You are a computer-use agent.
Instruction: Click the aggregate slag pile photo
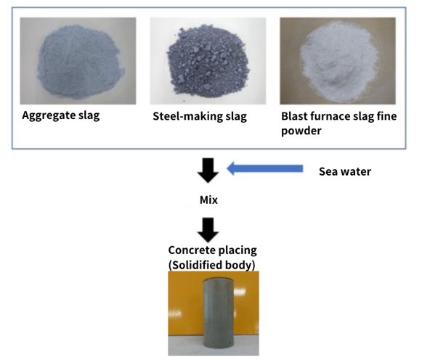point(78,61)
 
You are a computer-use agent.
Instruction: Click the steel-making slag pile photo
point(208,61)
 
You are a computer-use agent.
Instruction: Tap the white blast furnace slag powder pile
point(340,62)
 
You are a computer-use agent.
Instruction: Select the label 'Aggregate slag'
point(61,115)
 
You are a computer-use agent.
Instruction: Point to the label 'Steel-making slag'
point(200,116)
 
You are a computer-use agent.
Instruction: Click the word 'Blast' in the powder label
point(293,116)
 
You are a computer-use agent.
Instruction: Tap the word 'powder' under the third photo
point(301,131)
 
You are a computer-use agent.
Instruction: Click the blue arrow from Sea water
point(265,168)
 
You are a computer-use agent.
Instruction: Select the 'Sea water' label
point(345,171)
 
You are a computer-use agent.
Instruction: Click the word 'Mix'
point(208,200)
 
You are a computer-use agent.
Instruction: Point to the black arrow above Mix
point(208,171)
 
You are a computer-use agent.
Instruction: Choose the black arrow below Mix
point(208,230)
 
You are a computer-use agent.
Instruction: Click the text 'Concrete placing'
point(212,250)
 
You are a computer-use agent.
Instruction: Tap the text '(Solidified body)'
point(211,265)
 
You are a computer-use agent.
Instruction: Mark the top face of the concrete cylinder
point(219,280)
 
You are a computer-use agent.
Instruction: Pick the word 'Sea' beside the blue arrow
point(328,171)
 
